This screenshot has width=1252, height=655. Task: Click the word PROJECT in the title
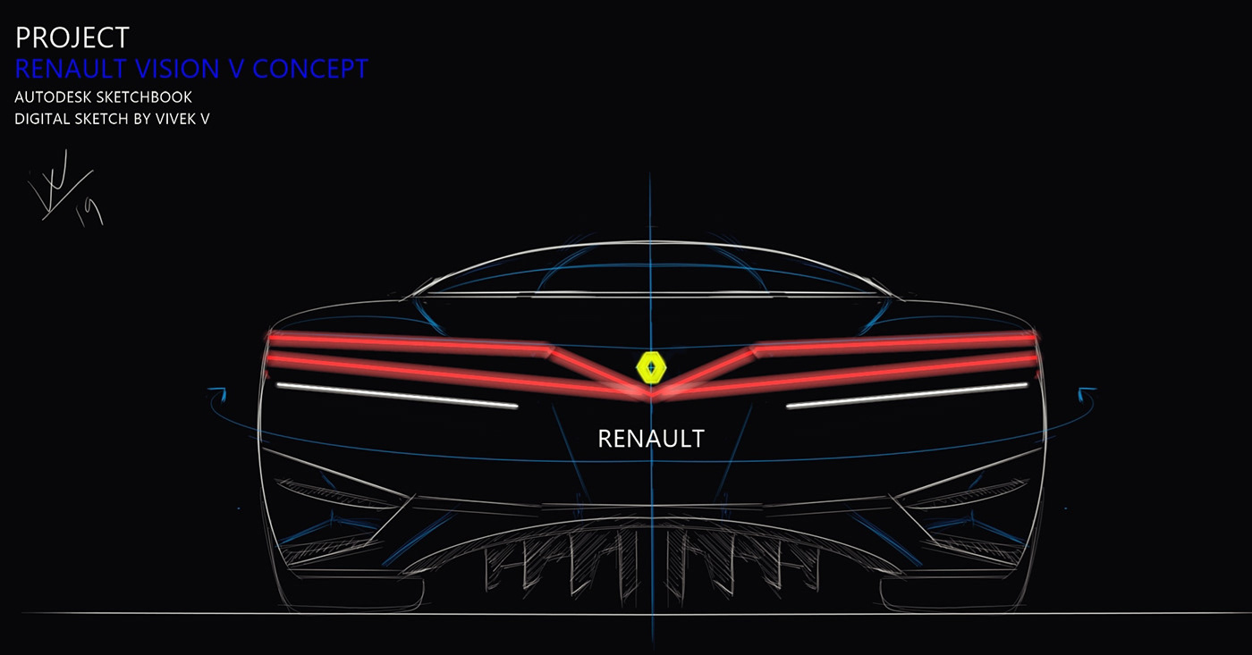(72, 38)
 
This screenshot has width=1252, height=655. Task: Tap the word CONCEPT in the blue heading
(309, 69)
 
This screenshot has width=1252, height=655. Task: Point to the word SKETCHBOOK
(143, 97)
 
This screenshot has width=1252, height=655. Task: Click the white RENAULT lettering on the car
(650, 439)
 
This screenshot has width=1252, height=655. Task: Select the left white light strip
(397, 395)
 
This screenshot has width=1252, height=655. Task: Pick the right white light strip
(906, 395)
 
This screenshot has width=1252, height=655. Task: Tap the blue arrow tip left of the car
(215, 391)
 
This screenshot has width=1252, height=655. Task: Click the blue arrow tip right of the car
(1086, 391)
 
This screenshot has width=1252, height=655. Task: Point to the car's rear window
(650, 273)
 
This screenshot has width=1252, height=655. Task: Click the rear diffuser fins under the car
(650, 563)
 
